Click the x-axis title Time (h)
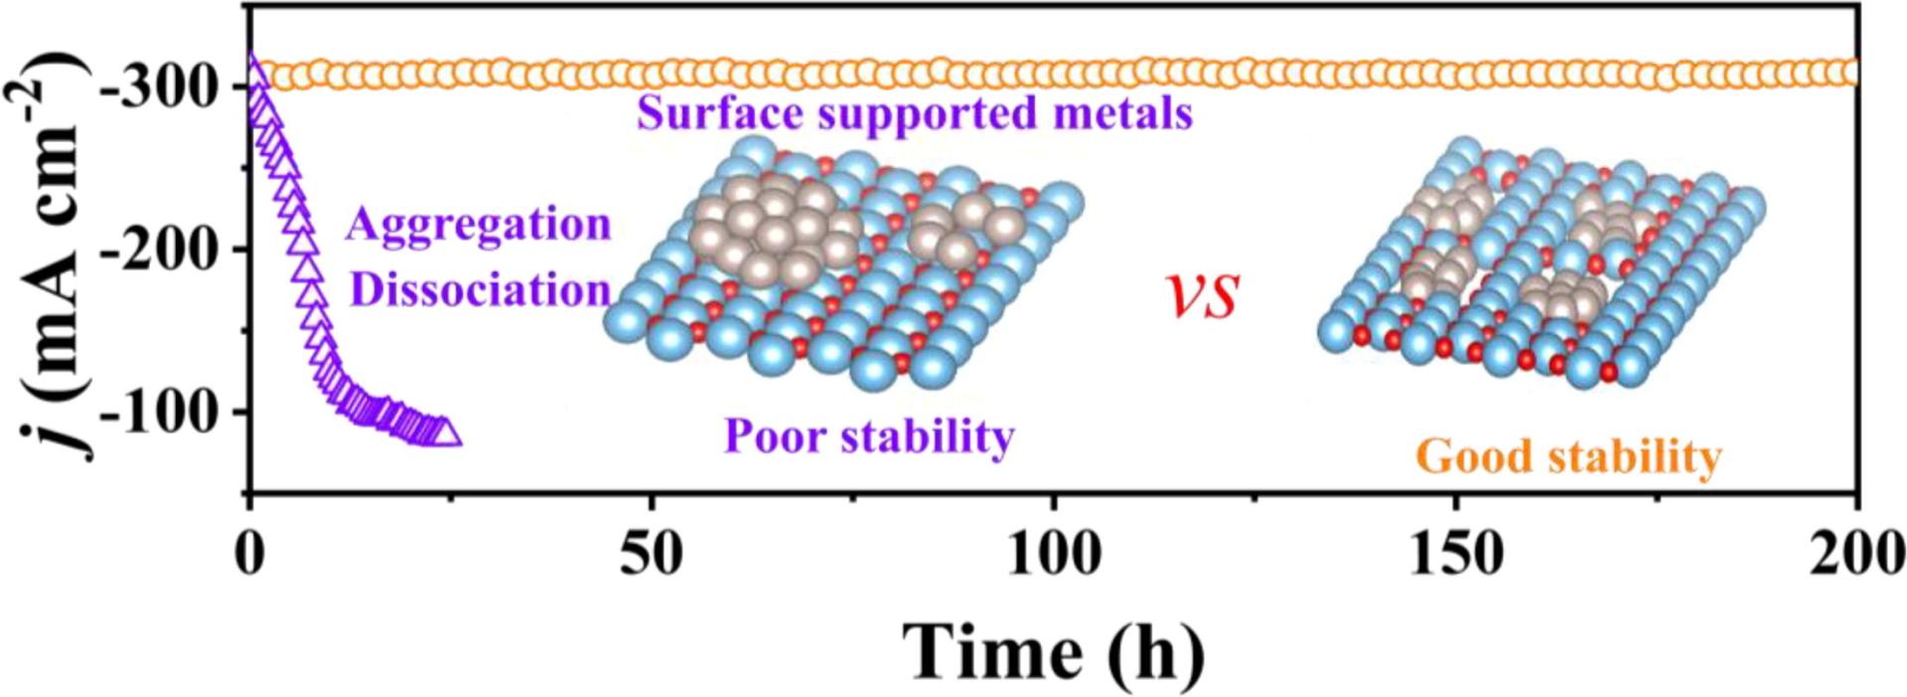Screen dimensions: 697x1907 point(1053,650)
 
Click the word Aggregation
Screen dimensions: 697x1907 point(478,225)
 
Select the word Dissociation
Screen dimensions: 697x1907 point(481,290)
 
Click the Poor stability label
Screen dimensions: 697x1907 point(870,436)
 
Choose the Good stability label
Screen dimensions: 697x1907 point(1569,458)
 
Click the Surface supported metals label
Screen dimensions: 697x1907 point(914,113)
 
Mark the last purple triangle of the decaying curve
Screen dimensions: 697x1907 point(447,434)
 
